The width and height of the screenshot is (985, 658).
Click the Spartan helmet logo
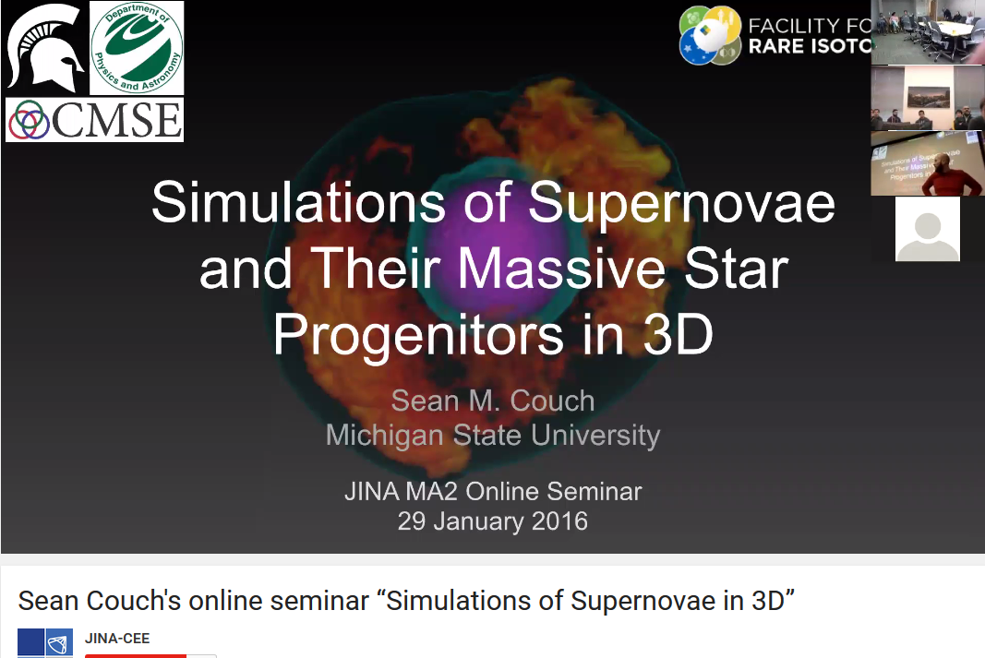(x=44, y=48)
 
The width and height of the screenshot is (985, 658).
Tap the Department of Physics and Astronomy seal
(x=137, y=48)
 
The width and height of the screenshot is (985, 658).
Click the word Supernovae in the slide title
(x=681, y=203)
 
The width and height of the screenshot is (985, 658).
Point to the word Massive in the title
(x=561, y=269)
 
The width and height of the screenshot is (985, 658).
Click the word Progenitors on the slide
(x=418, y=336)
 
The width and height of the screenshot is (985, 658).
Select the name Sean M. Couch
(x=493, y=401)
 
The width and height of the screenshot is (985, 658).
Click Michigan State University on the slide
(x=493, y=435)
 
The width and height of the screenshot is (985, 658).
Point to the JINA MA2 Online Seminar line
(x=493, y=492)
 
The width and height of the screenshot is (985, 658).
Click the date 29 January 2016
(x=493, y=521)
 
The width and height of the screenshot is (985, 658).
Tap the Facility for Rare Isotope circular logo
(x=711, y=35)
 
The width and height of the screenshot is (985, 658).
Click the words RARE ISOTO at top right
(x=810, y=46)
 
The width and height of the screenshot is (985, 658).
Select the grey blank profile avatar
(x=927, y=229)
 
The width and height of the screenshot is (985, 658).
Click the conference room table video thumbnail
(x=927, y=31)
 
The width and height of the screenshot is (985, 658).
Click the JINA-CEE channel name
(x=117, y=639)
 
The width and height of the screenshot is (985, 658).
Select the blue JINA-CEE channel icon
(x=45, y=643)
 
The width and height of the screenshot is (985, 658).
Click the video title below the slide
(x=406, y=601)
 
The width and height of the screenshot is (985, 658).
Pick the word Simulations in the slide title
(x=298, y=203)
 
